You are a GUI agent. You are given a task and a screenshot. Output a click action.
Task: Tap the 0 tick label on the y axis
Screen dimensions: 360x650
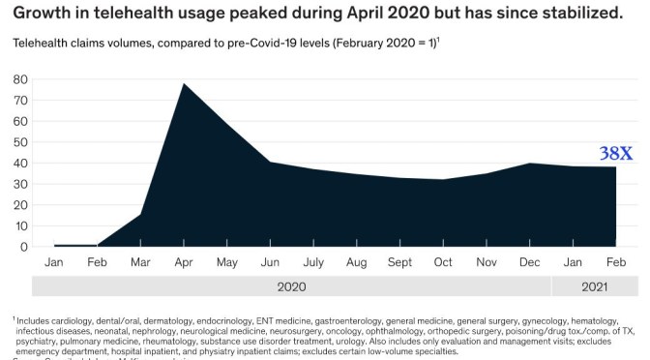click(x=23, y=247)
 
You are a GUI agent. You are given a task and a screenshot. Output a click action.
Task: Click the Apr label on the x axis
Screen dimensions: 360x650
click(x=184, y=262)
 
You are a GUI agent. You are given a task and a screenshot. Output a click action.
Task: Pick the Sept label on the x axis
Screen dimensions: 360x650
click(x=400, y=262)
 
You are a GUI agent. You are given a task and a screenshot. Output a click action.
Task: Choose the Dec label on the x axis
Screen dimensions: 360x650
click(x=530, y=262)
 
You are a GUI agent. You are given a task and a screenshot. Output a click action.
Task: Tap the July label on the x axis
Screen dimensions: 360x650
click(x=313, y=262)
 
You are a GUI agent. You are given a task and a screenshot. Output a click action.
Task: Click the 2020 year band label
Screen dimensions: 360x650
click(x=291, y=287)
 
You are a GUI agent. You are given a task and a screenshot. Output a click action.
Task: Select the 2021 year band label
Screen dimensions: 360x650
click(x=596, y=287)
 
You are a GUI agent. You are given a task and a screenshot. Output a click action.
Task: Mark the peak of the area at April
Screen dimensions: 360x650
click(x=184, y=84)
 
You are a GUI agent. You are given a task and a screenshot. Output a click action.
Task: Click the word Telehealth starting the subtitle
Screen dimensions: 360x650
click(x=43, y=45)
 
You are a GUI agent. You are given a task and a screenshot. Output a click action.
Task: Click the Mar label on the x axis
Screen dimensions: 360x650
click(x=140, y=262)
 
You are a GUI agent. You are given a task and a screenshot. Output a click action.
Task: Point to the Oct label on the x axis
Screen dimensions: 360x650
click(x=443, y=262)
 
